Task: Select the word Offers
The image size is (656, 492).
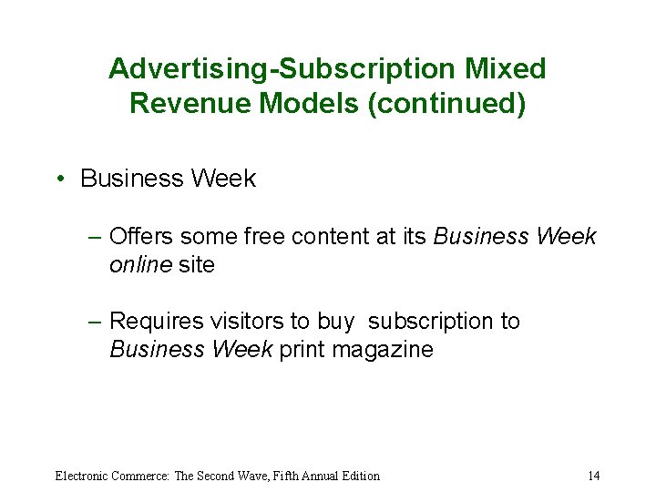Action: tap(141, 237)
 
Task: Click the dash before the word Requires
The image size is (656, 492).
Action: tap(96, 322)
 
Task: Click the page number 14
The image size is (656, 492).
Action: tap(593, 476)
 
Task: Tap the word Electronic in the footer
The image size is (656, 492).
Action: tap(82, 476)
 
